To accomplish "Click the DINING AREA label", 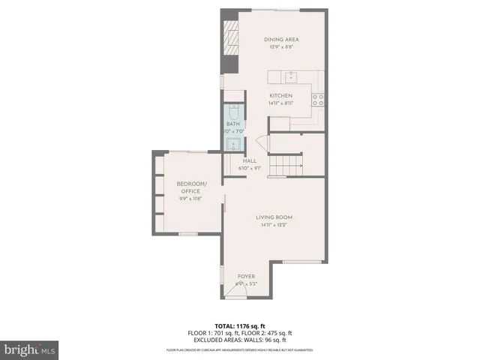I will tap(281, 40).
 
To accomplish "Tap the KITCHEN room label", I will tap(281, 96).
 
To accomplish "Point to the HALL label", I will tap(250, 160).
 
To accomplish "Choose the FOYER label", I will tap(247, 276).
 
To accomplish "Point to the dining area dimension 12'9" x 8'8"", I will tap(281, 47).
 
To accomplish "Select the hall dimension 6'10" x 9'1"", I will tap(250, 168).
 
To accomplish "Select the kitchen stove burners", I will tap(318, 97).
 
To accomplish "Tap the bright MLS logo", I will tap(29, 349).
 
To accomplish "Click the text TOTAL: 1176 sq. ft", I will tap(239, 325).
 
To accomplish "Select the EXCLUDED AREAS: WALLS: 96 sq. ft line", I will tap(239, 340).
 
